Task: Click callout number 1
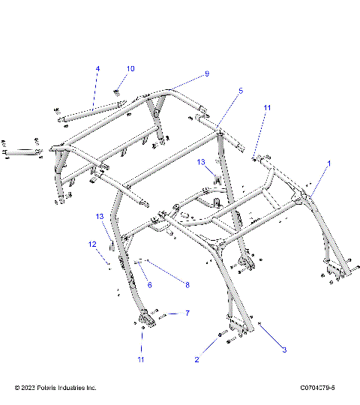pos(327,163)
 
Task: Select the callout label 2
pos(196,360)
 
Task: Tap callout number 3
pos(284,349)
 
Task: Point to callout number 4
pos(97,69)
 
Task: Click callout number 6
pos(149,284)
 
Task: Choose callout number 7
pos(187,313)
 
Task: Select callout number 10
pos(130,69)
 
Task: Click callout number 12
pos(93,244)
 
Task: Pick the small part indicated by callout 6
pos(139,261)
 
